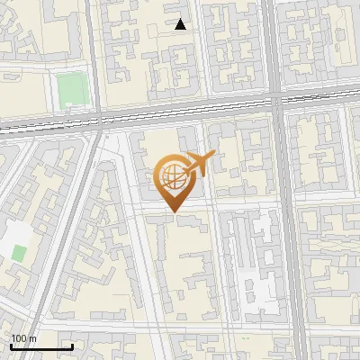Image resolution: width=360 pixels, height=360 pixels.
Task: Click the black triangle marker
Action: click(181, 25)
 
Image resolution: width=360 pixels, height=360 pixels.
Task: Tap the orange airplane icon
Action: click(199, 164)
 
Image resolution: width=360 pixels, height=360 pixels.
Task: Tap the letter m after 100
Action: click(33, 338)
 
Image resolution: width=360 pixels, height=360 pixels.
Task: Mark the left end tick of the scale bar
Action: click(10, 346)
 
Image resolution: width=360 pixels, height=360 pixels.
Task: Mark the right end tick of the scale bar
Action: click(72, 346)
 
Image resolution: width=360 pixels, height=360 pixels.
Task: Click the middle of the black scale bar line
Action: click(40, 347)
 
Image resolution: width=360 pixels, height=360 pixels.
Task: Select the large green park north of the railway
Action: click(70, 89)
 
